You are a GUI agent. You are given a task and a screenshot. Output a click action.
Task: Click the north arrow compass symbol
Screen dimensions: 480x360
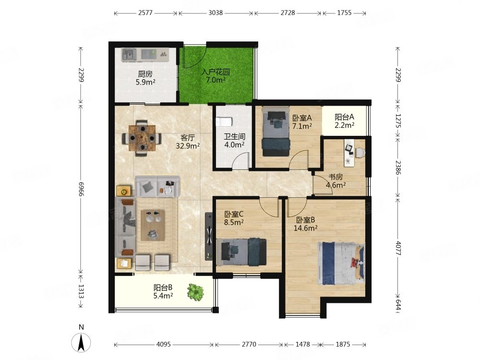[x=81, y=342]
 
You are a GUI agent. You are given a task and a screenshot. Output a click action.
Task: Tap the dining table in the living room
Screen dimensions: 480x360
[x=142, y=138]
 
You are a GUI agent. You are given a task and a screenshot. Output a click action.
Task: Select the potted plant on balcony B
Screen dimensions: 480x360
[x=196, y=292]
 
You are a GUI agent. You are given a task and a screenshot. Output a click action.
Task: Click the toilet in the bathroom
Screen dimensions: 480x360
[x=223, y=122]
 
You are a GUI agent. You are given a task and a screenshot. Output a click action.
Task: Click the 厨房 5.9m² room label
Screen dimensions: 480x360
[x=145, y=78]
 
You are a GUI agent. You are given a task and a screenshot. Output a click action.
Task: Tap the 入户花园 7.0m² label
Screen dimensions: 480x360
[x=216, y=76]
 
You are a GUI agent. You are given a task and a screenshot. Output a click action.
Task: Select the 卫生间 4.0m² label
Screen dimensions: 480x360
[x=235, y=141]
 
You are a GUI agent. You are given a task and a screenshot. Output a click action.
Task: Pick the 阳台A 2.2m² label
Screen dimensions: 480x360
[x=344, y=120]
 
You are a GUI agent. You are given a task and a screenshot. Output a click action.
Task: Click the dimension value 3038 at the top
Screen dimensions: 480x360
[x=216, y=13]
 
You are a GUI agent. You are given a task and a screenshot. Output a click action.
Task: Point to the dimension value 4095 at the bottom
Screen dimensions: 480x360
[x=164, y=344]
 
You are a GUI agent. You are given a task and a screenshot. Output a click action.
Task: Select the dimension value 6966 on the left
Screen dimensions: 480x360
[x=81, y=189]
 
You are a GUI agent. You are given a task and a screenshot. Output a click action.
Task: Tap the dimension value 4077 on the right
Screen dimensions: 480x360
[x=397, y=248]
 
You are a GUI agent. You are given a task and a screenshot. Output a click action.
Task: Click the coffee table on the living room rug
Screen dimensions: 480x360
[x=153, y=225]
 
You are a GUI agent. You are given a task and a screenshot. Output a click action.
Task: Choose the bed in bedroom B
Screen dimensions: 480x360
[x=341, y=264]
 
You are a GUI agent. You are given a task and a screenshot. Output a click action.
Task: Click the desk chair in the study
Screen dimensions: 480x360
[x=360, y=153]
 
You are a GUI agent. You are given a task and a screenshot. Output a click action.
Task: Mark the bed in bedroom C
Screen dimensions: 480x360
[x=241, y=252]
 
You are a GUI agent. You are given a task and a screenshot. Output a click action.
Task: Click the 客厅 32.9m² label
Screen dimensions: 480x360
[x=188, y=142]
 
